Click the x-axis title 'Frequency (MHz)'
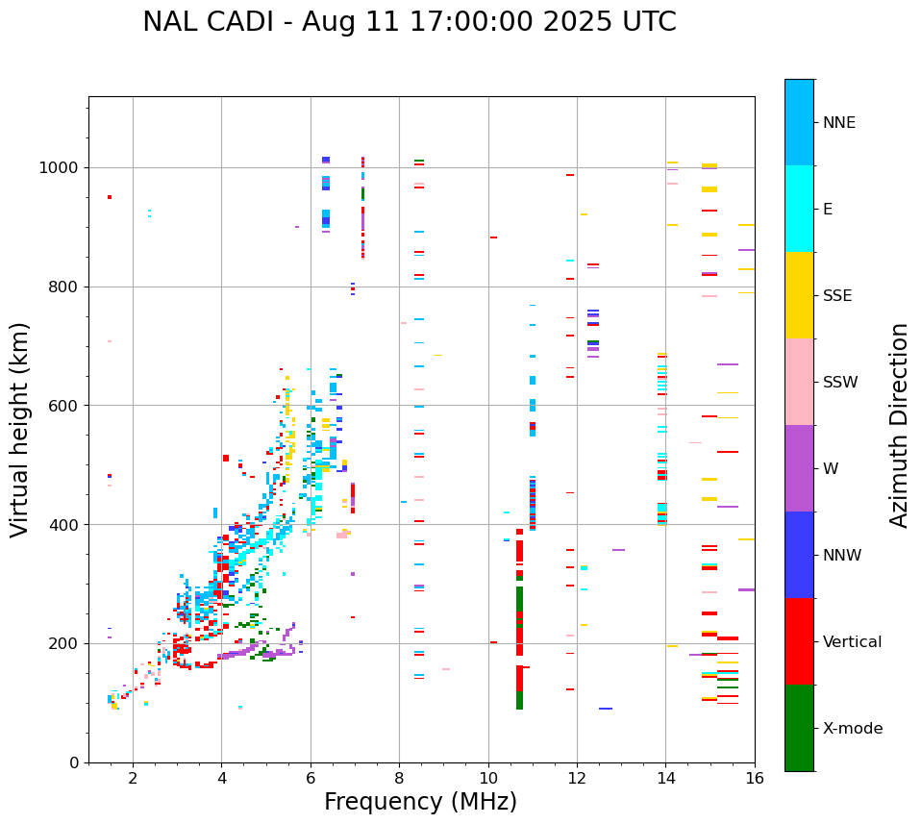click(420, 802)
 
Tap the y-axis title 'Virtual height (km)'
click(20, 430)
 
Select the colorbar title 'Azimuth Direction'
click(899, 425)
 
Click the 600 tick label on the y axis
click(63, 406)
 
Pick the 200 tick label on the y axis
click(63, 643)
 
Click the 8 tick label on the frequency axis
click(399, 778)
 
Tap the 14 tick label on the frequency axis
click(665, 778)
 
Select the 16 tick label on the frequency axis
click(755, 778)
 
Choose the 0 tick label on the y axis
click(73, 762)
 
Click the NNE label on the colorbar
click(838, 123)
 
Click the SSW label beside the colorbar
click(839, 383)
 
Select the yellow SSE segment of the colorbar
click(799, 295)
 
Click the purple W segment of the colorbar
click(799, 468)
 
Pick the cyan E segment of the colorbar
click(799, 209)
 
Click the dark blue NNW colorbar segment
click(799, 555)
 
